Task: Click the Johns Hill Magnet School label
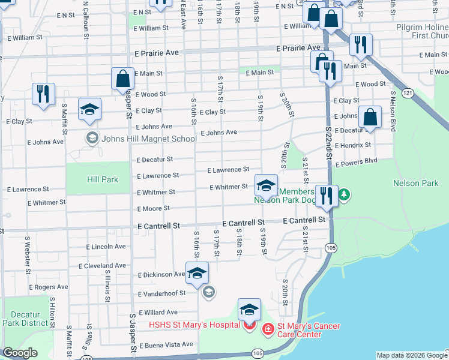[149, 139]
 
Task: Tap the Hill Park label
[103, 179]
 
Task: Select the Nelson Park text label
[416, 183]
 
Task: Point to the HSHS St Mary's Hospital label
[194, 326]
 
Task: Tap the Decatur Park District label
[25, 319]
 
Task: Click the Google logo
[20, 352]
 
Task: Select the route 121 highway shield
[408, 93]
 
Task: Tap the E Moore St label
[154, 208]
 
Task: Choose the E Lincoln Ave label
[106, 247]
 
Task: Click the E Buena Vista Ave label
[166, 344]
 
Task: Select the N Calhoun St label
[86, 20]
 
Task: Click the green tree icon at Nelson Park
[344, 194]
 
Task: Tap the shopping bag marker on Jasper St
[122, 79]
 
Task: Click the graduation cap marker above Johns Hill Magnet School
[90, 109]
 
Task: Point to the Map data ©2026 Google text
[412, 355]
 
